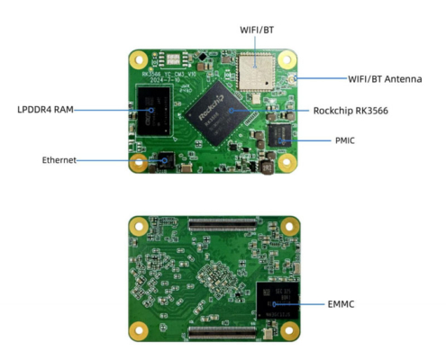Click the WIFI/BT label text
click(x=257, y=30)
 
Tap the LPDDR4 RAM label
click(x=45, y=110)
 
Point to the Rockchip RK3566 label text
click(x=355, y=111)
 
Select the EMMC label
click(x=341, y=305)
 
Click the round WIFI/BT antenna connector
click(x=296, y=78)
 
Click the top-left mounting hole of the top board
click(x=139, y=58)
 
